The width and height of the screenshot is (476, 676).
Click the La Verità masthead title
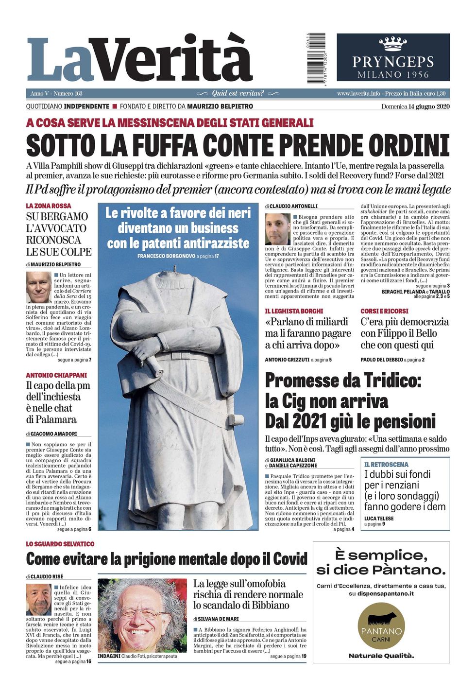(140, 59)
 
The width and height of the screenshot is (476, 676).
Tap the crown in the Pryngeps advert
(393, 44)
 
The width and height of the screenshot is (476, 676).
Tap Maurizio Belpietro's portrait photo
(38, 287)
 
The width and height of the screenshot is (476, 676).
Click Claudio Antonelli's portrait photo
(277, 229)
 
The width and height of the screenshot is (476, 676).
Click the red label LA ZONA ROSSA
(49, 206)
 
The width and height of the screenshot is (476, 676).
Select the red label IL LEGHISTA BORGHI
(294, 311)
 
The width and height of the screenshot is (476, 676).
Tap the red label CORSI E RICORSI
(384, 311)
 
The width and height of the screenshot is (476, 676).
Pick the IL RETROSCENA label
(386, 465)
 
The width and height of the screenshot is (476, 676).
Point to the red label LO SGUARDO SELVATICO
(60, 544)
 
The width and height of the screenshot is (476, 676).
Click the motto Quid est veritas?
(238, 93)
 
